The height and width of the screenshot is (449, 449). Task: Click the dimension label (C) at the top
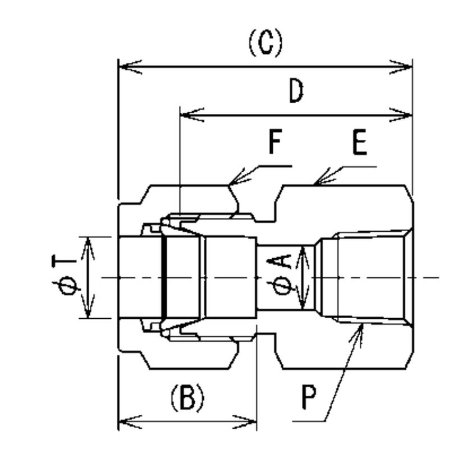click(265, 43)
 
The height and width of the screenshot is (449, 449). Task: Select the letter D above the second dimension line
click(296, 91)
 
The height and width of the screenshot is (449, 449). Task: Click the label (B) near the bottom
click(187, 398)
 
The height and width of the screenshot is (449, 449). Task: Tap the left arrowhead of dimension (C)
click(126, 67)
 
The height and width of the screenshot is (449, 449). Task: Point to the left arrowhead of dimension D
click(187, 115)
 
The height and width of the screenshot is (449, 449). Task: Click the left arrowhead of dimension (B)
click(126, 420)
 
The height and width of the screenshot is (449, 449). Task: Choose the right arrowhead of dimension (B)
click(250, 420)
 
